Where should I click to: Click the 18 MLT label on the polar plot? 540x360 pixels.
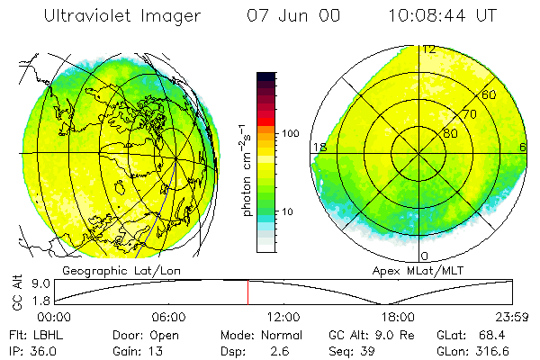318,147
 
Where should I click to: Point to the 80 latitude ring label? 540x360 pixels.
450,133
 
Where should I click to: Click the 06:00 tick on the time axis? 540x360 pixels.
169,317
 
